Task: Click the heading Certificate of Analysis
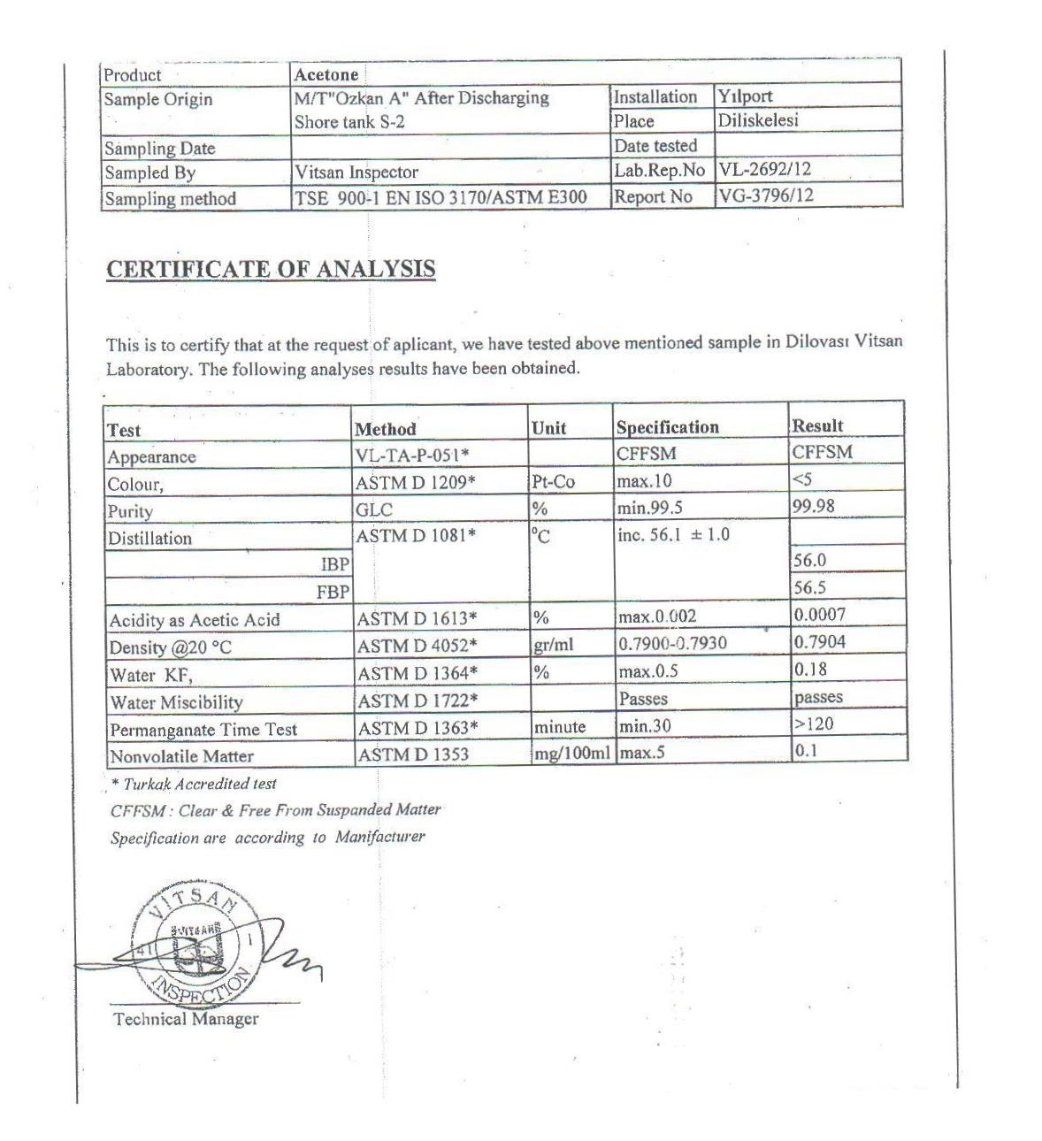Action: pos(271,269)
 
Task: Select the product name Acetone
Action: pos(326,75)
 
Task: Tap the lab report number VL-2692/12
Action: pos(765,170)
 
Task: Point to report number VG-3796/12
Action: pos(766,195)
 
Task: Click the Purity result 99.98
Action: pos(814,506)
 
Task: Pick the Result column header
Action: pos(818,425)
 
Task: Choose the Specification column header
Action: pos(668,427)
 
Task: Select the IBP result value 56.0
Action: pos(810,560)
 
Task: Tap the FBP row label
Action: pos(333,592)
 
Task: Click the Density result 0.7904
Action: pos(820,641)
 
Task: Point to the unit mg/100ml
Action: pos(571,754)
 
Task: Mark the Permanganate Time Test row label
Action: pos(203,730)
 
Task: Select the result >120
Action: pos(814,724)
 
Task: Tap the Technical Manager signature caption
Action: pos(186,1019)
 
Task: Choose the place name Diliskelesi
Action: pos(758,120)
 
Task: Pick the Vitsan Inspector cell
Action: pos(356,172)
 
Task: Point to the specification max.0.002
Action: pos(658,616)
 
